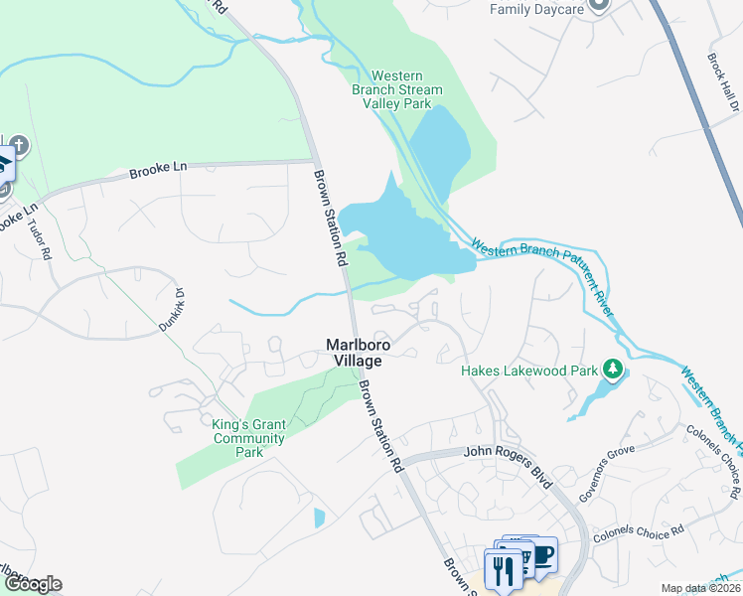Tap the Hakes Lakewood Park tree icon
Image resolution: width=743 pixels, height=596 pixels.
pyautogui.click(x=613, y=371)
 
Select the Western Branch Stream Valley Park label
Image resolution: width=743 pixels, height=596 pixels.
pyautogui.click(x=397, y=89)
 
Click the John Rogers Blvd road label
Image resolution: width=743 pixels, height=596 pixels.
pyautogui.click(x=508, y=452)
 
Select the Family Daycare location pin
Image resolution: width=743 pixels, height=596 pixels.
pyautogui.click(x=598, y=5)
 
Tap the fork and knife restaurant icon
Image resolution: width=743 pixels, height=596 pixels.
pyautogui.click(x=502, y=570)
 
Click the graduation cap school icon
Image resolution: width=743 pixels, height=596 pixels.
pyautogui.click(x=4, y=162)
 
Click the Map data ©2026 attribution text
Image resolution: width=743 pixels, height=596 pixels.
pyautogui.click(x=700, y=588)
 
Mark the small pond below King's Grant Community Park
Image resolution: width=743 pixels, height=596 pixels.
pyautogui.click(x=319, y=518)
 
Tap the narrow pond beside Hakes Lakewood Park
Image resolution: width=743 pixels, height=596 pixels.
pyautogui.click(x=590, y=400)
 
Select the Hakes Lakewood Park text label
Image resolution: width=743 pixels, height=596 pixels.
pyautogui.click(x=529, y=371)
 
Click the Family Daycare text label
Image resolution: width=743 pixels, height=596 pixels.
pyautogui.click(x=534, y=9)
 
